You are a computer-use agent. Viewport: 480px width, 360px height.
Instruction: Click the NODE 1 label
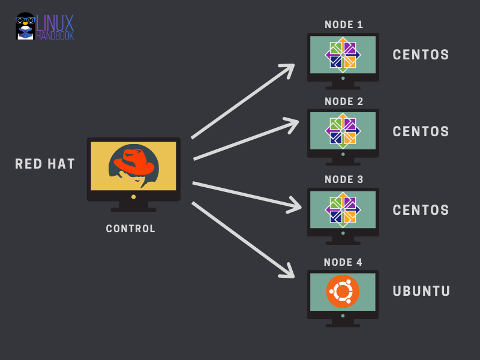click(344, 25)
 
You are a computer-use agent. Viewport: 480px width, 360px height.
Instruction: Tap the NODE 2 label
click(344, 101)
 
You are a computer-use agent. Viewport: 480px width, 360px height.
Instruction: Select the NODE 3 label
click(344, 179)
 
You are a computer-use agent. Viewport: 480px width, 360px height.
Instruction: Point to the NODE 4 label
click(343, 262)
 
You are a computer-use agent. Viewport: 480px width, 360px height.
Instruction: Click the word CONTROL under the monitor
click(131, 229)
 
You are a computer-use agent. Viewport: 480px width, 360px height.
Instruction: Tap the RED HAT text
click(45, 164)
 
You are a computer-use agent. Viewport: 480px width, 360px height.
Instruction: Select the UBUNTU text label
click(421, 291)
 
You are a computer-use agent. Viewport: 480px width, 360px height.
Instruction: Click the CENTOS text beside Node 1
click(421, 55)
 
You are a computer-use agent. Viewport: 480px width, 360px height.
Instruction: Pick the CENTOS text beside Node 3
click(421, 210)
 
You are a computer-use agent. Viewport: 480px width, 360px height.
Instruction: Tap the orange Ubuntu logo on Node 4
click(343, 291)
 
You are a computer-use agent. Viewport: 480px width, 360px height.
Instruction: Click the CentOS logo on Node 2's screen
click(343, 131)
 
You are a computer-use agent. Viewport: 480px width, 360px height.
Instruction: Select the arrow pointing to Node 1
click(243, 101)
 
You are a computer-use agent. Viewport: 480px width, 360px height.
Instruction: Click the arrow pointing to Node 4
click(243, 239)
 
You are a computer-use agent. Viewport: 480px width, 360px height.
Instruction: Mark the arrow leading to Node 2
click(246, 139)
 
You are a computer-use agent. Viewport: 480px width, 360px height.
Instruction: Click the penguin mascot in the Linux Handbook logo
click(25, 26)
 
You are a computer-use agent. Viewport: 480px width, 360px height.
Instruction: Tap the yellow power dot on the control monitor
click(133, 197)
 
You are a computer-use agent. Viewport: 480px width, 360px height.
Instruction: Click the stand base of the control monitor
click(133, 209)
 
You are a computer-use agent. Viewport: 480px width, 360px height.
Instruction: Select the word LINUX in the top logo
click(55, 23)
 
